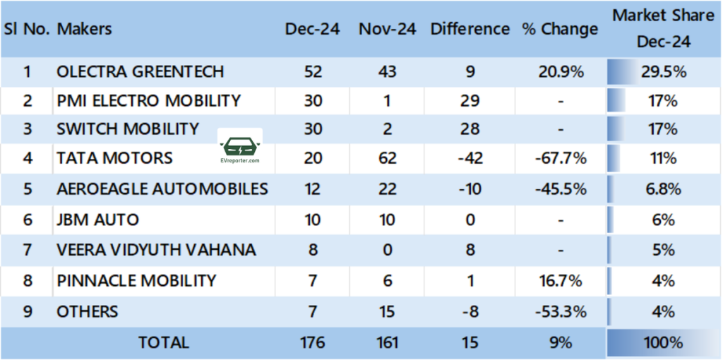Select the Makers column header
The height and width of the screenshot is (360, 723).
pyautogui.click(x=84, y=30)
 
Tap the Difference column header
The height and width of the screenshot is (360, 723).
pyautogui.click(x=470, y=30)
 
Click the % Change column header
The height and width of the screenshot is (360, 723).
pyautogui.click(x=560, y=30)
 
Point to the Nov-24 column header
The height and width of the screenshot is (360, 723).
pyautogui.click(x=387, y=30)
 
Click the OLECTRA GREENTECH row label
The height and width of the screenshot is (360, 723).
pyautogui.click(x=140, y=71)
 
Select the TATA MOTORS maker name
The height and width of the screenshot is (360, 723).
pyautogui.click(x=114, y=157)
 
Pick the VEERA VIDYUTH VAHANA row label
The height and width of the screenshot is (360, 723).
pyautogui.click(x=156, y=250)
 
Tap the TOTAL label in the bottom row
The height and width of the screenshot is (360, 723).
pyautogui.click(x=164, y=343)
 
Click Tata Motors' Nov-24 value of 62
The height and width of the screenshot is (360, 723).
pyautogui.click(x=387, y=157)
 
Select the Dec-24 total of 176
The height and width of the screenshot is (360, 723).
pyautogui.click(x=312, y=343)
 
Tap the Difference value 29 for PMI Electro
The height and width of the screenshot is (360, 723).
pyautogui.click(x=470, y=101)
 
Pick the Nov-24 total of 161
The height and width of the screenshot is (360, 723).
pyautogui.click(x=387, y=343)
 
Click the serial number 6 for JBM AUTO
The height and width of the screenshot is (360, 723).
pyautogui.click(x=28, y=220)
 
